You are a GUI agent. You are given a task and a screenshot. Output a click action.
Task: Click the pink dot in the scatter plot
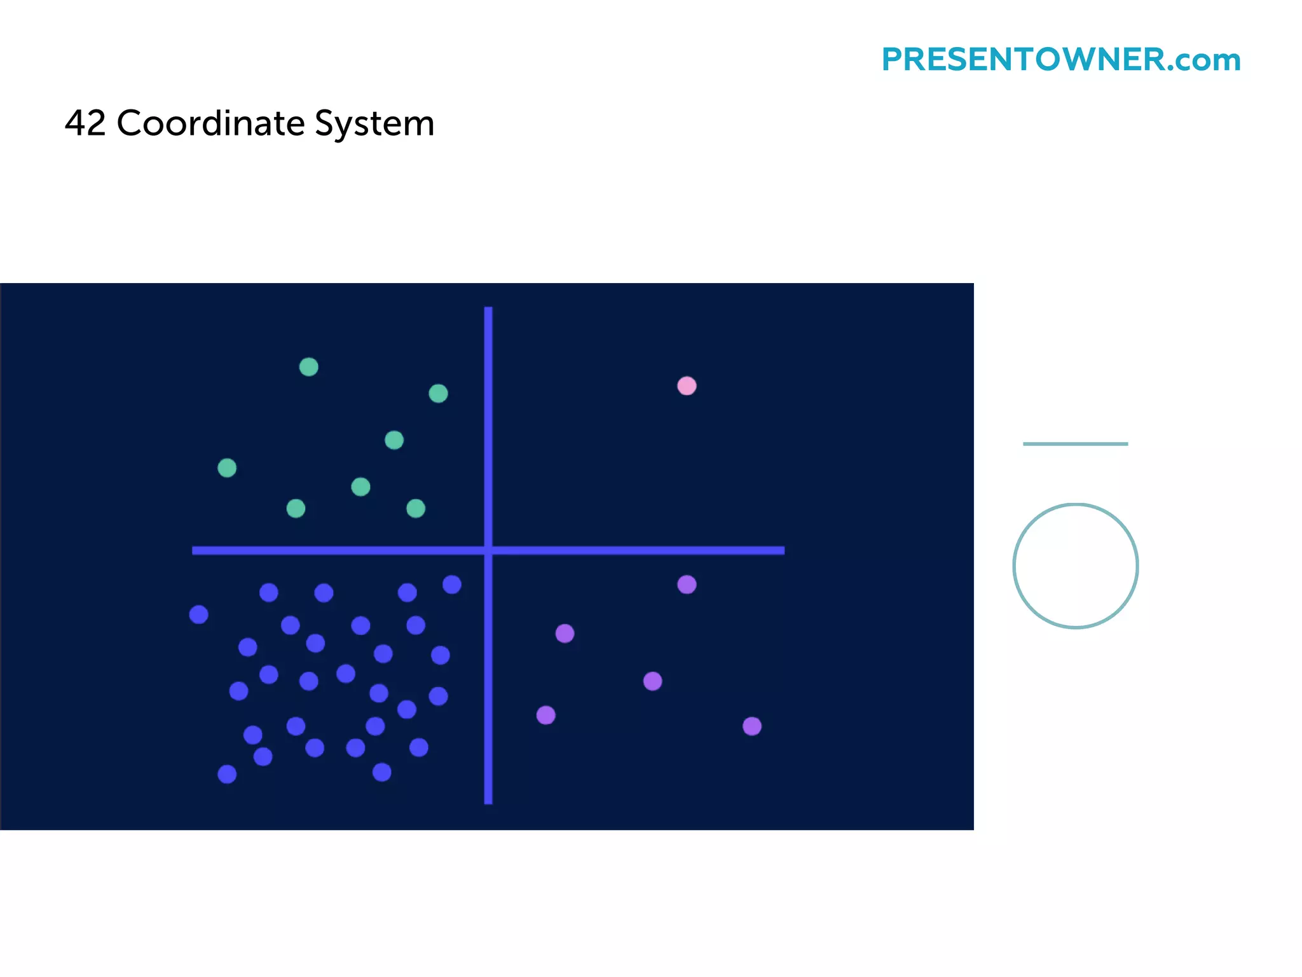click(687, 386)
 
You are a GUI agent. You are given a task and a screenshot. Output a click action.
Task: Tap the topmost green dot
click(309, 367)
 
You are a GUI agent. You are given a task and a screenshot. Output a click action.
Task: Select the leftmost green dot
click(227, 468)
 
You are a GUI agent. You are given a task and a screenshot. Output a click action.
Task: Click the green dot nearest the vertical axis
click(438, 394)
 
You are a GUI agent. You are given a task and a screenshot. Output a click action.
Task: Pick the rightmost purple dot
click(752, 726)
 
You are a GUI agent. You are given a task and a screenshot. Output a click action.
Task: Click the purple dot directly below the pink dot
click(687, 585)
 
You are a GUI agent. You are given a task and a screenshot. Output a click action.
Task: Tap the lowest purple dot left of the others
click(546, 716)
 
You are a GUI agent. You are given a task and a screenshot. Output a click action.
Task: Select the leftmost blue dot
click(199, 614)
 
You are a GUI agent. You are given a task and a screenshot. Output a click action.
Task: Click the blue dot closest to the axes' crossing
click(452, 585)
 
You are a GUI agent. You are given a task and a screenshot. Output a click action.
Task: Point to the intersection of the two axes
click(488, 550)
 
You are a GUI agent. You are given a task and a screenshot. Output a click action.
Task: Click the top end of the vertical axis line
click(488, 310)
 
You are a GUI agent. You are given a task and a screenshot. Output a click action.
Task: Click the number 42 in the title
click(85, 123)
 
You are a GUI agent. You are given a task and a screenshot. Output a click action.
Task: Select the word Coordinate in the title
click(210, 123)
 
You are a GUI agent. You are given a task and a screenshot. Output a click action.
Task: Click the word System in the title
click(374, 124)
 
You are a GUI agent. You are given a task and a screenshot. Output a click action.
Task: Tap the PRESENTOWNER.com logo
click(1060, 60)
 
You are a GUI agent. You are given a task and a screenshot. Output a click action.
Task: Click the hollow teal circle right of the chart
click(1076, 566)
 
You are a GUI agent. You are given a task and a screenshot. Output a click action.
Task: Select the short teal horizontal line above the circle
click(1075, 444)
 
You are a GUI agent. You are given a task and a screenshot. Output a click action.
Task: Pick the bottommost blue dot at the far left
click(227, 774)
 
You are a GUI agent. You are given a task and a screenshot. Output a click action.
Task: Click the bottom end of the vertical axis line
click(488, 801)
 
